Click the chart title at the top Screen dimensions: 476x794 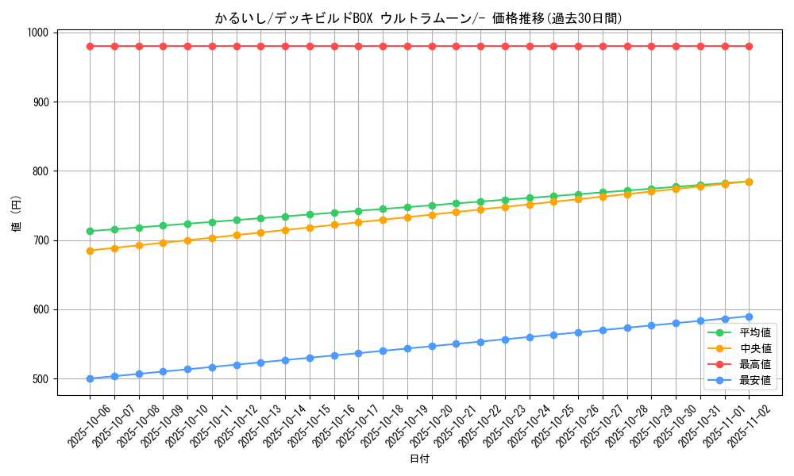point(418,18)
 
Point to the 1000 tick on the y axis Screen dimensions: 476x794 point(38,33)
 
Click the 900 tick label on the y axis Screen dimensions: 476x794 point(41,102)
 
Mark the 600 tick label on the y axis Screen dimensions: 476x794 point(41,309)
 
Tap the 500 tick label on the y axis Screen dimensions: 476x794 point(41,379)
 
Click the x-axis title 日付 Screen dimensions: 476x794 point(418,459)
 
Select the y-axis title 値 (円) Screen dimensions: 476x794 point(15,213)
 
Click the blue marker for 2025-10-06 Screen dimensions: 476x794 point(90,378)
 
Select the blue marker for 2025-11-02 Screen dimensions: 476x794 point(749,317)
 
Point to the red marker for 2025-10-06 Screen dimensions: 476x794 point(90,46)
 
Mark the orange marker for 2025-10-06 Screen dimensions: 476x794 point(90,251)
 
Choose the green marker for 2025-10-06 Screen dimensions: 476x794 point(90,231)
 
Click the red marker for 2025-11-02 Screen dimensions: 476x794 point(749,46)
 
